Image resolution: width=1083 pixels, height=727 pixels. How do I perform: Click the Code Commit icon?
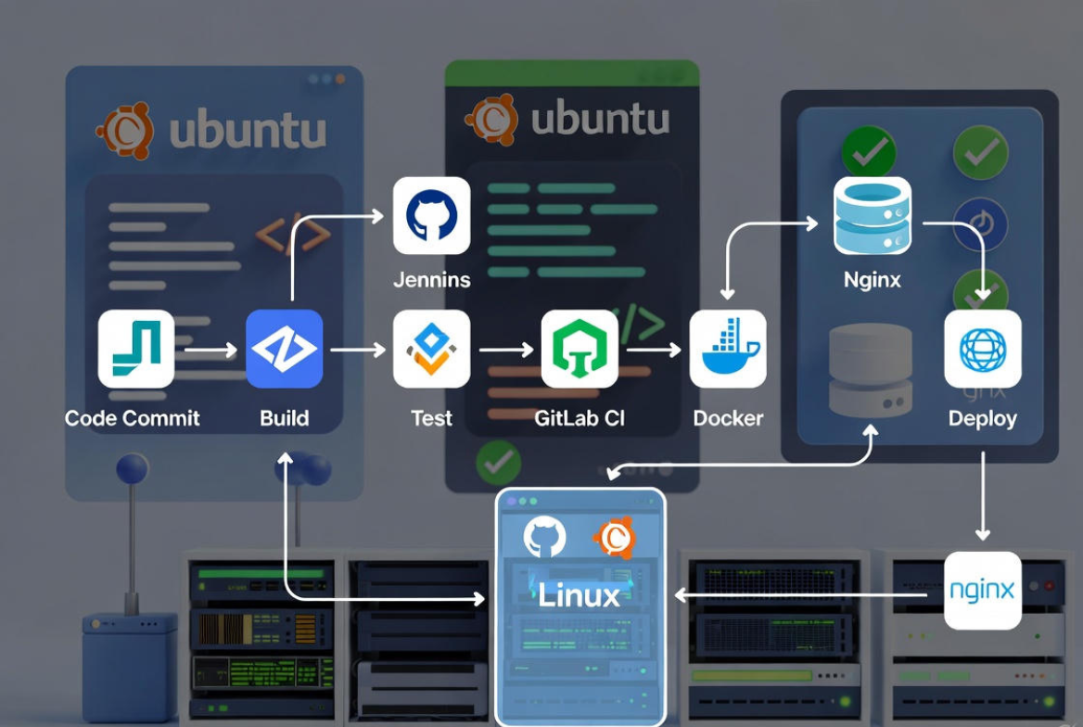[x=136, y=349]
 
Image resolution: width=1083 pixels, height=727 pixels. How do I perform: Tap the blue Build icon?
[x=285, y=349]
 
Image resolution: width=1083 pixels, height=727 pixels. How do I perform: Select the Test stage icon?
[x=431, y=349]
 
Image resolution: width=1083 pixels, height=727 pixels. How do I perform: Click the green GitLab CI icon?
[x=580, y=349]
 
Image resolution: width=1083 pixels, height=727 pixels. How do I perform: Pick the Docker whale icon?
[x=728, y=349]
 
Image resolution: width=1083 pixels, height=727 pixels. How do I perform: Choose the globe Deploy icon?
[x=982, y=349]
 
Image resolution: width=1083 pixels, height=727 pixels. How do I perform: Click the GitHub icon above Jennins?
[x=431, y=216]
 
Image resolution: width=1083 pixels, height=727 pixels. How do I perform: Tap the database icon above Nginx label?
[x=872, y=216]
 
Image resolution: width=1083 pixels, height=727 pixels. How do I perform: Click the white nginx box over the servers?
[x=982, y=591]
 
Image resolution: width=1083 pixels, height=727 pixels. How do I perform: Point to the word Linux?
[x=580, y=594]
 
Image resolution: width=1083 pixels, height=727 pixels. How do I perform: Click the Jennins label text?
[x=431, y=279]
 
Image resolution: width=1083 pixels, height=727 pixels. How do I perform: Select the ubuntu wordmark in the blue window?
[x=248, y=131]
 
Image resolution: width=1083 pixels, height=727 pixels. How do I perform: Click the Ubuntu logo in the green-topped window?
[x=491, y=120]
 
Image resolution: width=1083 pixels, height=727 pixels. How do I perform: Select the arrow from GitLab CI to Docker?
[x=654, y=350]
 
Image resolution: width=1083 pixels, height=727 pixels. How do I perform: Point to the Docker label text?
[x=728, y=418]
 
